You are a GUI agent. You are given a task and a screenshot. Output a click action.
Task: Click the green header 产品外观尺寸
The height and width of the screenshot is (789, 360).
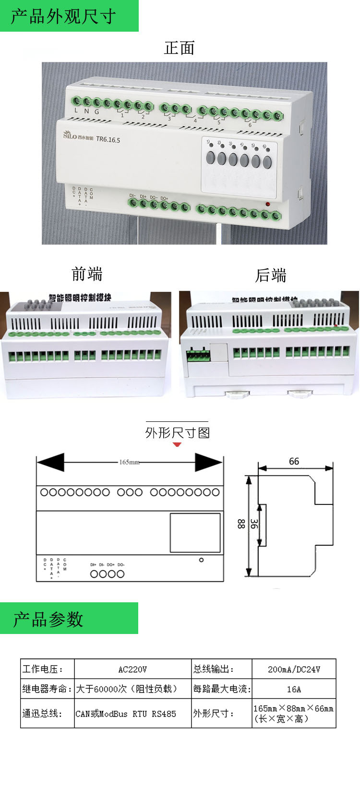[x=64, y=16]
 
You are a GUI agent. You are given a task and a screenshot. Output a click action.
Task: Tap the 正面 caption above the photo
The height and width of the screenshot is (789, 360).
[x=179, y=48]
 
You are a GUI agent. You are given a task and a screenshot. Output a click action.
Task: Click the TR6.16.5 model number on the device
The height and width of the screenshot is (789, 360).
[x=108, y=140]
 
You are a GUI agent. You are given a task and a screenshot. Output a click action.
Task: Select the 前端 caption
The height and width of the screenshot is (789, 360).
[x=87, y=274]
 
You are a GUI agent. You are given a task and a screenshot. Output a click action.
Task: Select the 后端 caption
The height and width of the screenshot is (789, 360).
[x=271, y=275]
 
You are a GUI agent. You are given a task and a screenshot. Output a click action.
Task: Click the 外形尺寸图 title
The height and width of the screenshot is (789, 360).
[x=177, y=433]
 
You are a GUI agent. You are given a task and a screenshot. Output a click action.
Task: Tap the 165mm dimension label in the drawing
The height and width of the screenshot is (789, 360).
[x=129, y=462]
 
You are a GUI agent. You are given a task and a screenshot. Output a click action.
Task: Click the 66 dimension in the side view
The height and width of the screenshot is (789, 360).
[x=294, y=461]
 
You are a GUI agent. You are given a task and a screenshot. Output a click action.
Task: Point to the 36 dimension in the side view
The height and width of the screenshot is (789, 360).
[x=254, y=524]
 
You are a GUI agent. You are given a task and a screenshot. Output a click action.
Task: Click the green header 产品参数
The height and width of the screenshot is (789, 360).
[x=48, y=619]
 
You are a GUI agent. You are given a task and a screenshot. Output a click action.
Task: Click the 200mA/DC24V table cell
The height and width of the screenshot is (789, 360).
[x=294, y=669]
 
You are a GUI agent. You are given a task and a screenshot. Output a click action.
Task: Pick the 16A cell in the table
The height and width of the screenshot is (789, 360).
[x=294, y=689]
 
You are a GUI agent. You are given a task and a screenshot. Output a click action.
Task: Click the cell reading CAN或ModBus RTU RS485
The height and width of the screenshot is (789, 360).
[x=126, y=714]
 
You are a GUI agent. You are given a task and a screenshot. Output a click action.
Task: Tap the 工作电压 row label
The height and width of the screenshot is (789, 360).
[x=42, y=669]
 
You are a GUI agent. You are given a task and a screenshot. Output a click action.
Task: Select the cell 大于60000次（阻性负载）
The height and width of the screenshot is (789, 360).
[x=127, y=689]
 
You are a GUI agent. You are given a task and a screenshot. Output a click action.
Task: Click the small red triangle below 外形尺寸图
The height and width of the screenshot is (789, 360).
[x=177, y=444]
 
